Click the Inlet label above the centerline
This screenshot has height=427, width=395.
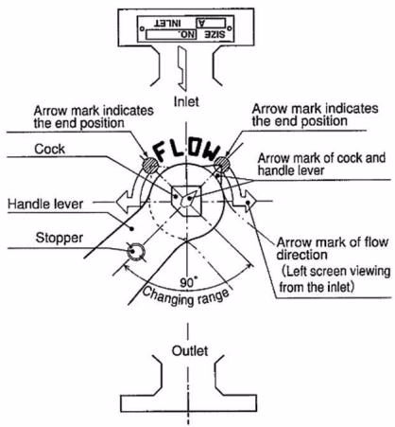click(x=186, y=101)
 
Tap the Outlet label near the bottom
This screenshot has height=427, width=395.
click(x=190, y=351)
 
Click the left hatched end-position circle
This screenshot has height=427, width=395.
click(x=150, y=165)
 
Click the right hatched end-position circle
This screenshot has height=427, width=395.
click(x=222, y=164)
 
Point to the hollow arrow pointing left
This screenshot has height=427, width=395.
click(x=128, y=201)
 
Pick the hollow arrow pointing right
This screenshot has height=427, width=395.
click(x=248, y=201)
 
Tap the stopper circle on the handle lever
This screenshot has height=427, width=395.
click(x=136, y=252)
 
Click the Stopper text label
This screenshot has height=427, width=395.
click(x=60, y=238)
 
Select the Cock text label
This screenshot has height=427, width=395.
click(x=50, y=149)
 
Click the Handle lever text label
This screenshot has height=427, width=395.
click(x=45, y=204)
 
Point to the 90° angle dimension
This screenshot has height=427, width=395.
click(x=188, y=282)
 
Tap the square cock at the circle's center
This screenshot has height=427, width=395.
click(x=186, y=201)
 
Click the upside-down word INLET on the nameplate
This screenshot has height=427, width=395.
click(x=167, y=23)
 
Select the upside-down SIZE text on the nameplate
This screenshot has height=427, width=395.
click(x=215, y=34)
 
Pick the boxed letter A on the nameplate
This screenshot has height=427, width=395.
click(x=211, y=23)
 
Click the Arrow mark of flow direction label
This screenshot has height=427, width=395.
click(x=333, y=248)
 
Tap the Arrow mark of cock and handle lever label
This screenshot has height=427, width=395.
click(x=321, y=164)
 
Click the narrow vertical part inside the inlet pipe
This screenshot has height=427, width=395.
click(x=182, y=68)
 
